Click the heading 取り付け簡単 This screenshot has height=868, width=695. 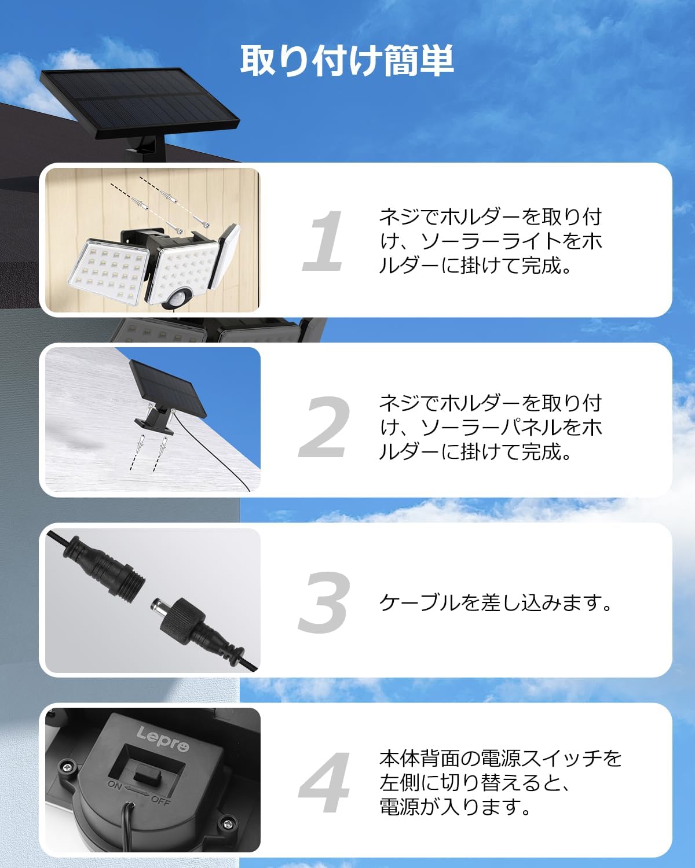click(347, 61)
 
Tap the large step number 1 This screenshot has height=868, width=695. click(325, 241)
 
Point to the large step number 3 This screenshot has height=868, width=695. click(325, 602)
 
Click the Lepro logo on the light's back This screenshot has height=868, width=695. click(163, 738)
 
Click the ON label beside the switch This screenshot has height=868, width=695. click(115, 785)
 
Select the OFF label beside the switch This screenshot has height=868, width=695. click(161, 800)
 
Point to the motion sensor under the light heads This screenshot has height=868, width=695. click(180, 297)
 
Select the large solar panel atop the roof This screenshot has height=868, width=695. click(139, 103)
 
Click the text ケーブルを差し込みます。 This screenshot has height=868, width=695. click(496, 602)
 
